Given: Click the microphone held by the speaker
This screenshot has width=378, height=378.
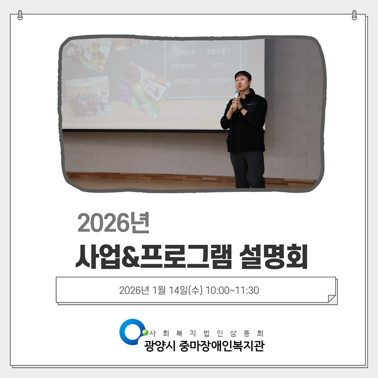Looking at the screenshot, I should pos(237,94).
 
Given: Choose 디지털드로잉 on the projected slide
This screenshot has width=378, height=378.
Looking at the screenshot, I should pos(186,81).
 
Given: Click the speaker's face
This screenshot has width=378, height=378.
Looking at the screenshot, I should pos(242,80).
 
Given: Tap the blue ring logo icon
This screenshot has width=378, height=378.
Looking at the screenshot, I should pos(131,331).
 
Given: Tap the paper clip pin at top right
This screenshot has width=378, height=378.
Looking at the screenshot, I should pos(355,15).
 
